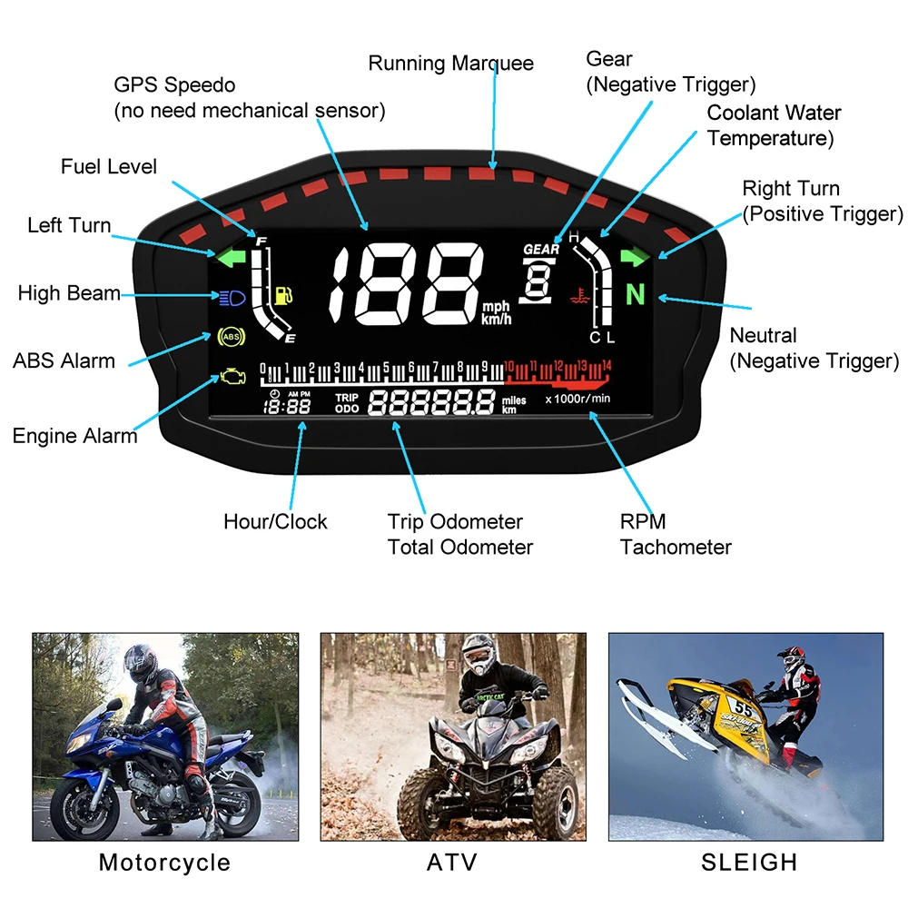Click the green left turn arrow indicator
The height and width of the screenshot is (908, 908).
coord(232,257)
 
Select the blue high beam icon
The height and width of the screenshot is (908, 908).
coord(231,296)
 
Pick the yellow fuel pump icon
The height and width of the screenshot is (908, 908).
coord(283,295)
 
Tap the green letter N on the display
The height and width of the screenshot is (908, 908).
coord(637,294)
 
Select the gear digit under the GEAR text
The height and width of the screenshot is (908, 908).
coord(538,280)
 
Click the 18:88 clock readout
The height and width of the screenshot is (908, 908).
coord(286,406)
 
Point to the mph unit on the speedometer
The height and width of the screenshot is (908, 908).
coord(498,306)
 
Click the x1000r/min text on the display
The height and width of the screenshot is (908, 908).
coord(577,399)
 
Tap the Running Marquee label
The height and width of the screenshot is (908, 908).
coord(450,64)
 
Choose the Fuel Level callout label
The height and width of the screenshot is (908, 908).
coord(109,167)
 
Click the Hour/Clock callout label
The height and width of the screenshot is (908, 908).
coord(275,522)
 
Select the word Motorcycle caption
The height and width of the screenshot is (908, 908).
coord(164,863)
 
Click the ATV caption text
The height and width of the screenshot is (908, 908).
coord(452,863)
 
